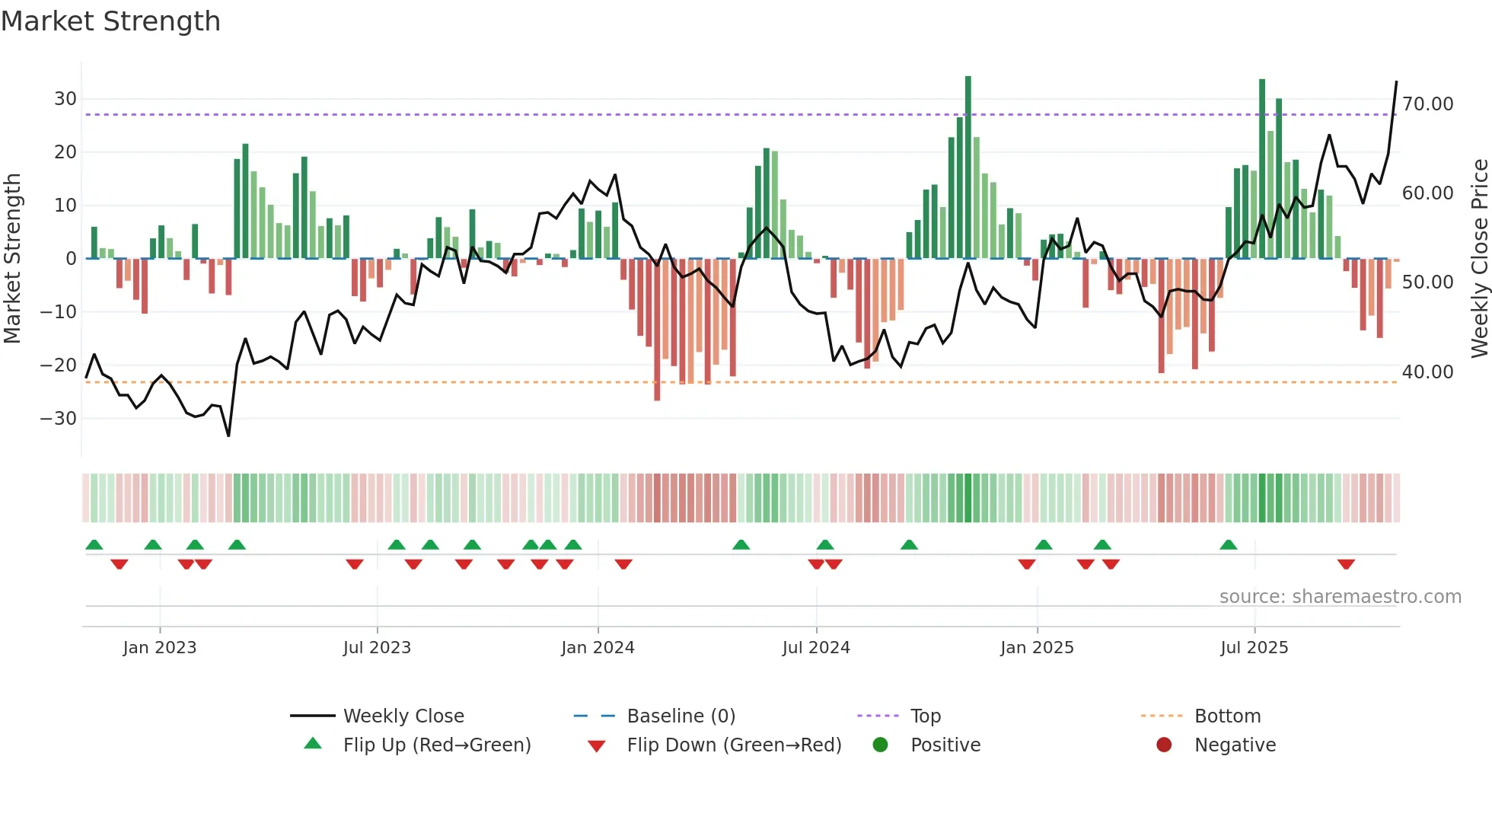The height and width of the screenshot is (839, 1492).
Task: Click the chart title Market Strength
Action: [110, 21]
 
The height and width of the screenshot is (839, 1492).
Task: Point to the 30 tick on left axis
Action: [65, 99]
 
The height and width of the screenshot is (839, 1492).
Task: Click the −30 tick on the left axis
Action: [59, 419]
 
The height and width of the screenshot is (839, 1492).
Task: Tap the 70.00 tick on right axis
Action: [1427, 104]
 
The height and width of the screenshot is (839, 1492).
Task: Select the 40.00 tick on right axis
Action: [1427, 372]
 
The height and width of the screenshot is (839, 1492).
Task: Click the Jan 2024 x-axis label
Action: [598, 648]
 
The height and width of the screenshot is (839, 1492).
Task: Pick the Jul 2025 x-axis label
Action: [1254, 648]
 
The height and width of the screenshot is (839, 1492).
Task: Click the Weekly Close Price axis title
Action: [1479, 259]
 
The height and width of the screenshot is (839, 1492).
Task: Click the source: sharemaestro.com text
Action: [1340, 597]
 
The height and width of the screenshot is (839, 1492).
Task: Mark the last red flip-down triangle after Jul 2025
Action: [1346, 564]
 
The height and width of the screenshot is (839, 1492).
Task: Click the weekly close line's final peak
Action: [1396, 82]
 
